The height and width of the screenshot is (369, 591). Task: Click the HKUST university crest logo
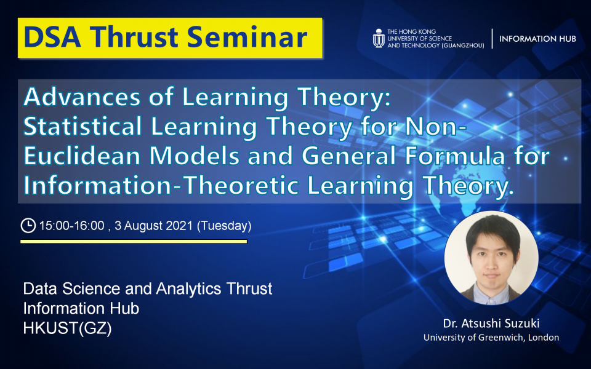coord(379,38)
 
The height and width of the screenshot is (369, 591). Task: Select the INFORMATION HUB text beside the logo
coord(537,38)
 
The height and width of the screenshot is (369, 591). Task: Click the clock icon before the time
coord(28,226)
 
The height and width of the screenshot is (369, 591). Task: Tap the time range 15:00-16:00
coord(70,226)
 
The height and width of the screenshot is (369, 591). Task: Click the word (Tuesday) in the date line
coord(223,226)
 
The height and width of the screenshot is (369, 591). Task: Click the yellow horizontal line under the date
coord(134,242)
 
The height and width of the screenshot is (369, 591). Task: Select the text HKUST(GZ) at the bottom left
coord(67,328)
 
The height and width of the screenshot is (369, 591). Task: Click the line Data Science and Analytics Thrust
coord(147,289)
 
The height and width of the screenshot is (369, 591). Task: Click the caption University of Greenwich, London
coord(491,338)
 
